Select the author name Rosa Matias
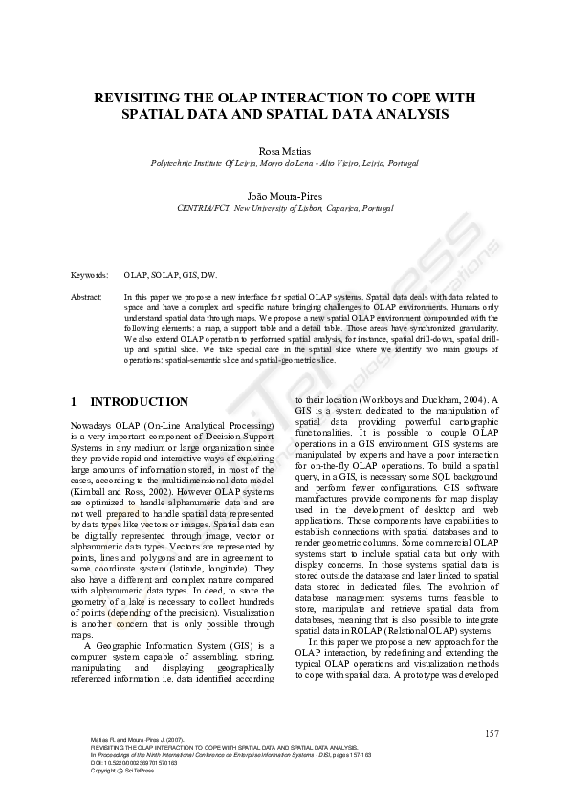pos(284,151)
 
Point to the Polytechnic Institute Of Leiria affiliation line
pos(284,164)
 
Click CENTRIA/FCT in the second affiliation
pos(204,208)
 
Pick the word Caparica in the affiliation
pos(343,208)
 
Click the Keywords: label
pos(90,275)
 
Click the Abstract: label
pos(88,298)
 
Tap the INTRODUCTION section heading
pos(139,402)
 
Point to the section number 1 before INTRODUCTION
pos(75,402)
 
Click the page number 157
pos(492,734)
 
